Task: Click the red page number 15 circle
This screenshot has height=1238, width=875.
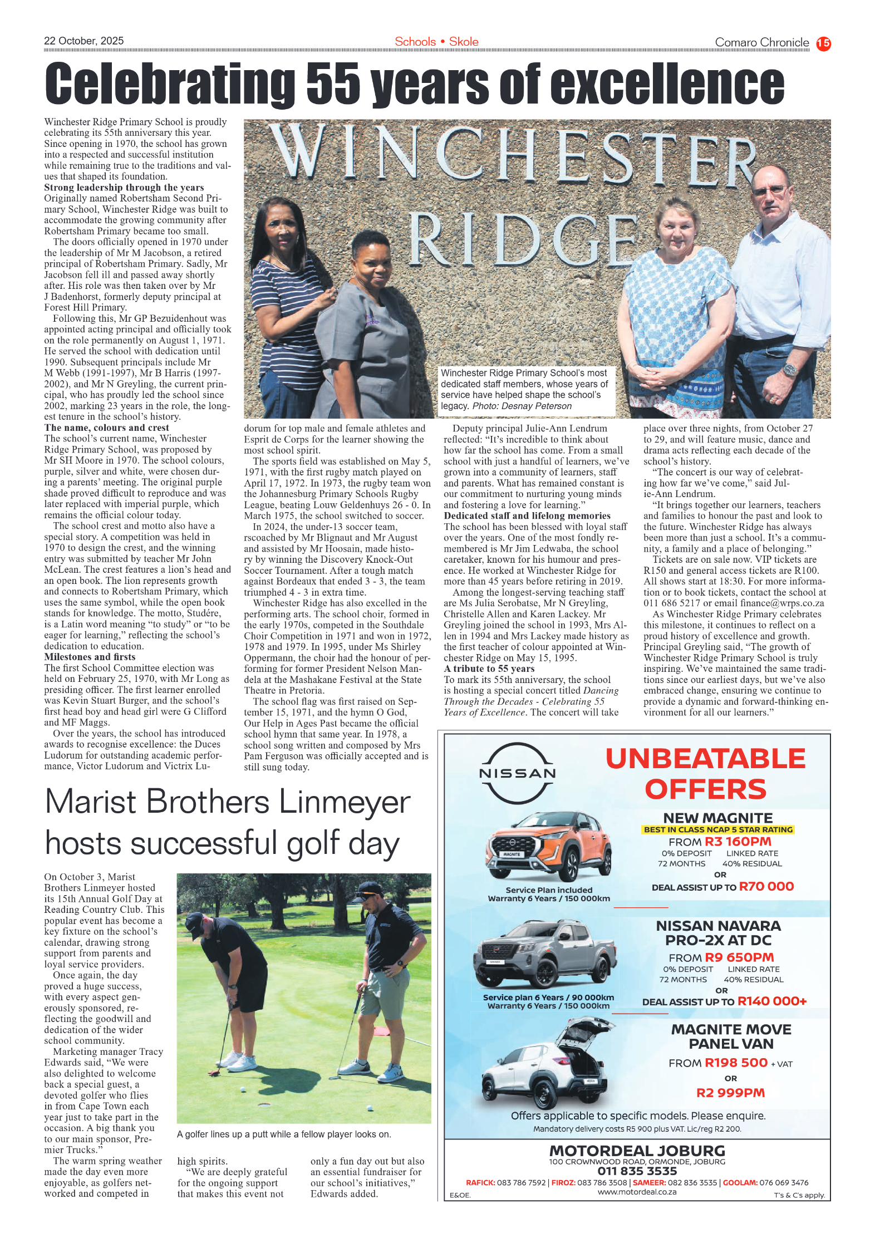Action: [823, 43]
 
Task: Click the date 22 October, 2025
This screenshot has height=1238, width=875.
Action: [84, 41]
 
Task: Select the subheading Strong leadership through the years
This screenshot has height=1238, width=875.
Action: [124, 188]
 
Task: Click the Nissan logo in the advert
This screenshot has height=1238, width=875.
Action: [518, 773]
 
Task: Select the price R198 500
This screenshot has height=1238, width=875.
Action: [736, 1063]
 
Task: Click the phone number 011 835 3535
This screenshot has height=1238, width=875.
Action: [637, 1171]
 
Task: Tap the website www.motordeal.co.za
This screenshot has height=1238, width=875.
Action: [637, 1192]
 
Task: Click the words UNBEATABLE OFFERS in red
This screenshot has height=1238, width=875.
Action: [705, 774]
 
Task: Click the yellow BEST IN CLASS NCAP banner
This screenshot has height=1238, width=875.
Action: [718, 829]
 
